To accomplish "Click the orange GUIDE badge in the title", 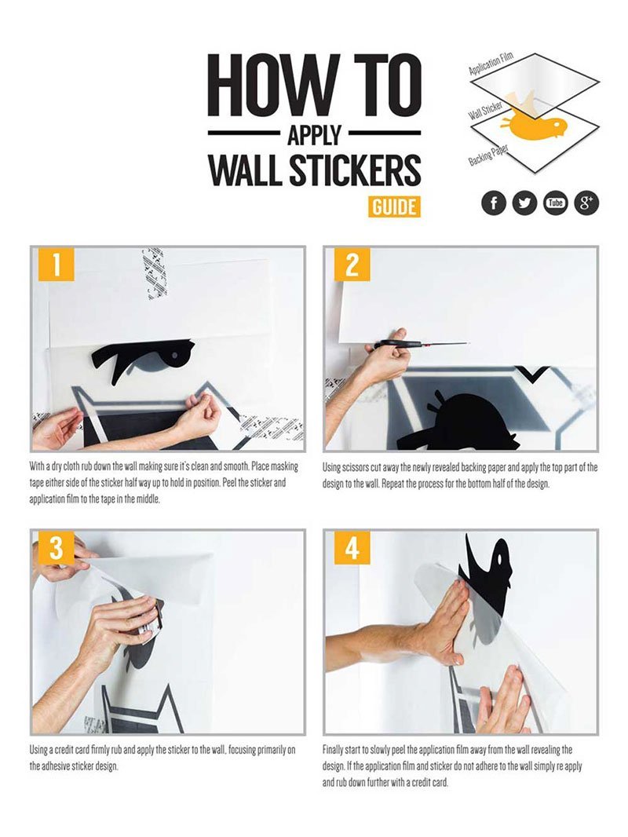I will pos(393,207).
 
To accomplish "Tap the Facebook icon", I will pos(493,203).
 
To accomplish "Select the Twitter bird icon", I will pos(524,203).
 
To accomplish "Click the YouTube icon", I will pos(556,203).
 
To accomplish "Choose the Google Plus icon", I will pos(586,203).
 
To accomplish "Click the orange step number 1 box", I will pos(56,265).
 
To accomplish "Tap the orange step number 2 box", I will pos(352,265).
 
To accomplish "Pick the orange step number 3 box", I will pos(56,548).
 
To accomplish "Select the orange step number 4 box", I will pos(352,548).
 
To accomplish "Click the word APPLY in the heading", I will pos(314,134).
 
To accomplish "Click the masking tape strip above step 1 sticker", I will pos(155,273).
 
